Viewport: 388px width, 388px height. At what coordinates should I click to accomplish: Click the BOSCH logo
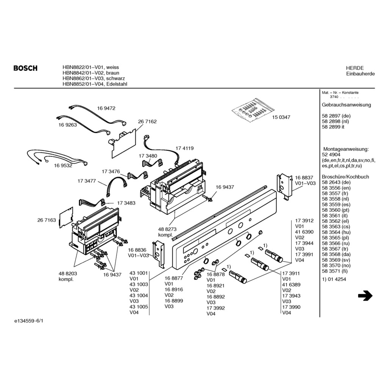pyautogui.click(x=25, y=68)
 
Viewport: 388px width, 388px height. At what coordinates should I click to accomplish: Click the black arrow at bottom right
pyautogui.click(x=365, y=296)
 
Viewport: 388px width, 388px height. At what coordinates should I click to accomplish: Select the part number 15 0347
pyautogui.click(x=281, y=117)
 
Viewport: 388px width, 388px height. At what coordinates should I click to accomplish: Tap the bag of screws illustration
pyautogui.click(x=253, y=110)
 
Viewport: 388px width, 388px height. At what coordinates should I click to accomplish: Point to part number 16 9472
pyautogui.click(x=106, y=108)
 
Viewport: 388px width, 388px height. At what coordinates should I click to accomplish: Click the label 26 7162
pyautogui.click(x=147, y=122)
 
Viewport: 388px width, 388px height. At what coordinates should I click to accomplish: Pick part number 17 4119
pyautogui.click(x=185, y=148)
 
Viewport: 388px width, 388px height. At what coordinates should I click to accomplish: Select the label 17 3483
pyautogui.click(x=126, y=203)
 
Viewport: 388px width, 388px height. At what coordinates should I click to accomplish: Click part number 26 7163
pyautogui.click(x=47, y=220)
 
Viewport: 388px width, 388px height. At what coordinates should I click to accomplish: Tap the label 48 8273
pyautogui.click(x=167, y=229)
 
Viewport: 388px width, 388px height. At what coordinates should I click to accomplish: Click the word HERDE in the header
pyautogui.click(x=355, y=68)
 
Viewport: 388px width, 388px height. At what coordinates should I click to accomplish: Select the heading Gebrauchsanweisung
pyautogui.click(x=346, y=105)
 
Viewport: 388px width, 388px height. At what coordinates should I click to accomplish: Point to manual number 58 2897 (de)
pyautogui.click(x=336, y=116)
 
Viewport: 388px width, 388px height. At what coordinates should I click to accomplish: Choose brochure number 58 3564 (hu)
pyautogui.click(x=336, y=232)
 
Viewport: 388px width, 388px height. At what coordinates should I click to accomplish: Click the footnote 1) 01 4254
pyautogui.click(x=334, y=279)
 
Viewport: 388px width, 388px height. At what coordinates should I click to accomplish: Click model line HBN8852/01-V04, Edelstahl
pyautogui.click(x=95, y=84)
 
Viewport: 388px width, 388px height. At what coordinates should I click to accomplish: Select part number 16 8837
pyautogui.click(x=304, y=178)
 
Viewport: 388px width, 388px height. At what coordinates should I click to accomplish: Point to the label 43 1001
pyautogui.click(x=139, y=273)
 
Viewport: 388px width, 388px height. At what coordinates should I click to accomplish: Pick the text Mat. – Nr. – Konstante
pyautogui.click(x=340, y=92)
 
